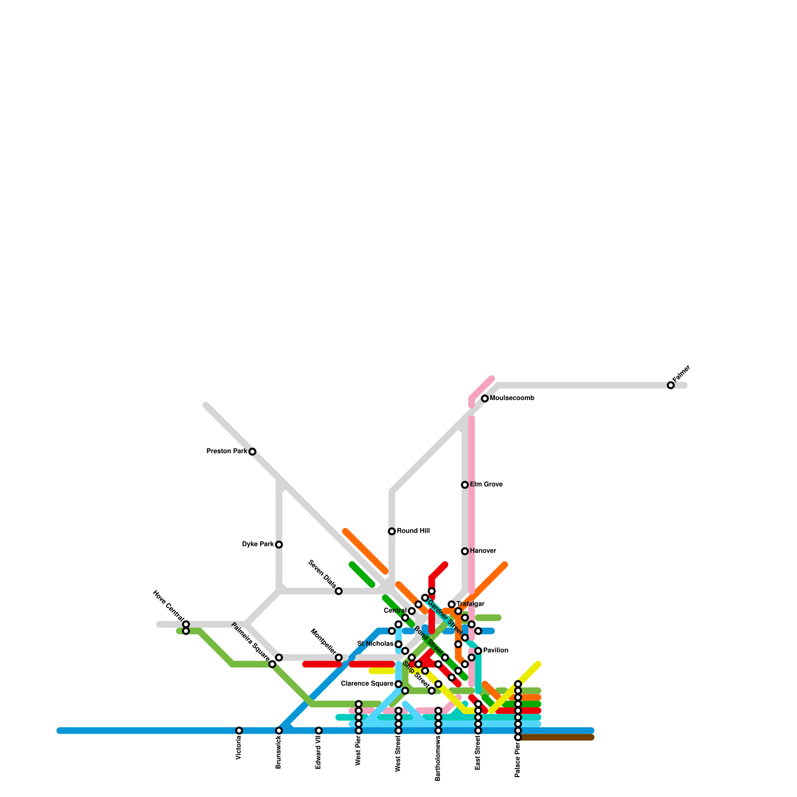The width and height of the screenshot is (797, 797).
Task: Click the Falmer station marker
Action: pyautogui.click(x=670, y=385)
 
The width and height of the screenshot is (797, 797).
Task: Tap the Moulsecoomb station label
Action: pyautogui.click(x=512, y=398)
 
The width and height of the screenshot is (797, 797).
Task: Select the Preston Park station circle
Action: pyautogui.click(x=253, y=452)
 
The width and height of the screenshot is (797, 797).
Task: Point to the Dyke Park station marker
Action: pyautogui.click(x=279, y=544)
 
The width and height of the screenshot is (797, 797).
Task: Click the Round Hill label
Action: pyautogui.click(x=413, y=531)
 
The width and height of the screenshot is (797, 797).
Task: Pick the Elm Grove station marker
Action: pyautogui.click(x=465, y=485)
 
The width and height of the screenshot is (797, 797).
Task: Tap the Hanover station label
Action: pyautogui.click(x=483, y=551)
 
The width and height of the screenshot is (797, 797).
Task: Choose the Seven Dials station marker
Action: pyautogui.click(x=339, y=591)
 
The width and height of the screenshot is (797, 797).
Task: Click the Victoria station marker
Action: pyautogui.click(x=239, y=731)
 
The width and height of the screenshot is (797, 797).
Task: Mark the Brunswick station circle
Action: pyautogui.click(x=279, y=731)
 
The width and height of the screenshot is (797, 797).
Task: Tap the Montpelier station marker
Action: pyautogui.click(x=339, y=658)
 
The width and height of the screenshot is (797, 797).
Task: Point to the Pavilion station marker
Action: pyautogui.click(x=478, y=651)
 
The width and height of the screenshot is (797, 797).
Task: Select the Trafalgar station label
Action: pyautogui.click(x=470, y=604)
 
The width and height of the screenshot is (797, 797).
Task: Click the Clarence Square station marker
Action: pyautogui.click(x=398, y=684)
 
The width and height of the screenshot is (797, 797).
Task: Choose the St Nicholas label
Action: pyautogui.click(x=376, y=644)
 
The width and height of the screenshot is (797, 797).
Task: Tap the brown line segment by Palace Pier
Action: pyautogui.click(x=558, y=737)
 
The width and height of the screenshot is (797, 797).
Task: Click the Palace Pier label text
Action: pyautogui.click(x=518, y=760)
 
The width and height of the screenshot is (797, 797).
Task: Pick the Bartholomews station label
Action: pyautogui.click(x=438, y=760)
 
